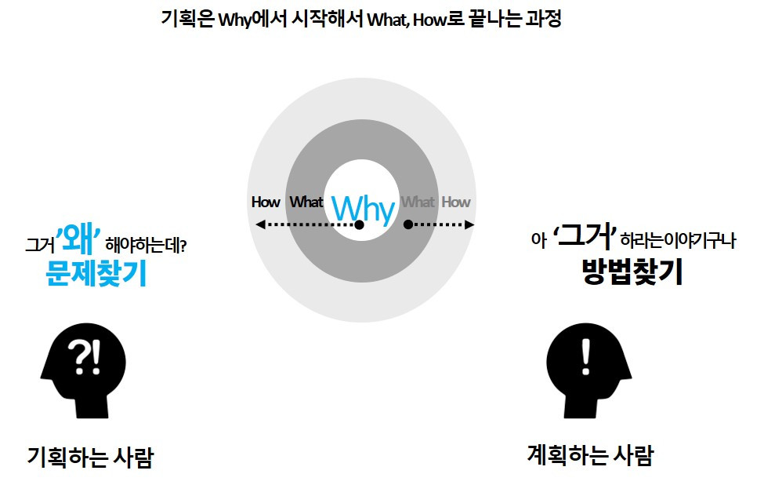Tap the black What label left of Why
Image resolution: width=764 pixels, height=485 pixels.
[306, 202]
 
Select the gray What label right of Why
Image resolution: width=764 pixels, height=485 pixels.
[418, 202]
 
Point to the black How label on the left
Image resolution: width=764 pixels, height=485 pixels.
[266, 202]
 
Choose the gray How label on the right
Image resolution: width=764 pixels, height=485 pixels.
[456, 202]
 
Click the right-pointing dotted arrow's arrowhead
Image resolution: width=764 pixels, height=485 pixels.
[470, 224]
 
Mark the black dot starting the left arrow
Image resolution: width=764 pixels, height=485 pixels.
[359, 224]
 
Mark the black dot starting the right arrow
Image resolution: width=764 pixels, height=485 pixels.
[408, 224]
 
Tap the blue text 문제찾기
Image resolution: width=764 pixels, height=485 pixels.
[96, 274]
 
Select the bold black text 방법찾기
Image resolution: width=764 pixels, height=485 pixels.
[632, 271]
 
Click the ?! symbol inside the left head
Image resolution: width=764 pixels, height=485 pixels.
[85, 356]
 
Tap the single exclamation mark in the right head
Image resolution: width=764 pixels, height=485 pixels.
[585, 357]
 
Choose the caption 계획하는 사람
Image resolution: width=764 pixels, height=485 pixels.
[590, 454]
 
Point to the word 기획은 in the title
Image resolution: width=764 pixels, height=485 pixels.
[187, 19]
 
